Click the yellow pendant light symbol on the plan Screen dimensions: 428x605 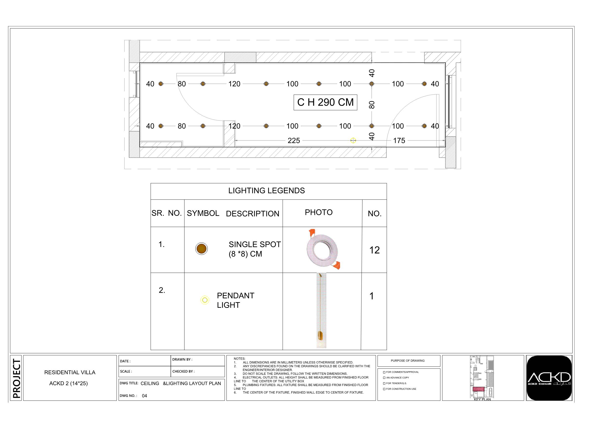click(x=353, y=140)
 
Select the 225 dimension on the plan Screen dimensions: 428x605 click(x=294, y=140)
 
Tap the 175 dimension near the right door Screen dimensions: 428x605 click(x=399, y=140)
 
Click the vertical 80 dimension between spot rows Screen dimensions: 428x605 click(x=371, y=105)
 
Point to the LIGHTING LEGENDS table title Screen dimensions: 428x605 click(x=266, y=191)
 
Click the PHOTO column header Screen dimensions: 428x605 click(x=319, y=212)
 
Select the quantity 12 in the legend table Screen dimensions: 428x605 click(x=374, y=250)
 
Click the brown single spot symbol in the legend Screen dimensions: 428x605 click(x=202, y=249)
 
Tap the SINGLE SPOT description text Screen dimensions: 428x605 click(x=254, y=244)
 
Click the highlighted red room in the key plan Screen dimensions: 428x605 click(x=478, y=389)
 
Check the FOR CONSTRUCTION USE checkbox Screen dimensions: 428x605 click(x=384, y=389)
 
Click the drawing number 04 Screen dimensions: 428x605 click(x=144, y=396)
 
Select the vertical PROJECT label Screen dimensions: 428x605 click(x=16, y=378)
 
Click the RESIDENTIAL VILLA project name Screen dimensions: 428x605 click(x=70, y=372)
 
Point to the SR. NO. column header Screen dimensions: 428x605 click(x=166, y=213)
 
